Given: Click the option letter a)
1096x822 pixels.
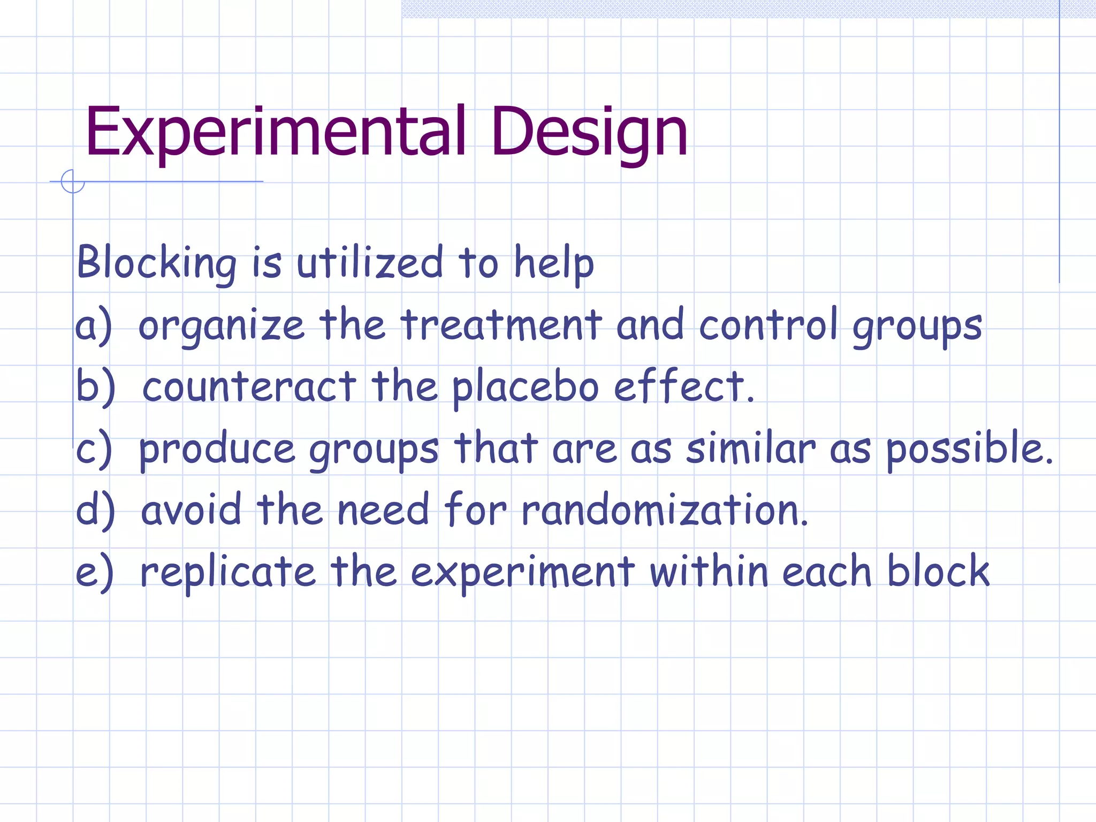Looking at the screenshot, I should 94,325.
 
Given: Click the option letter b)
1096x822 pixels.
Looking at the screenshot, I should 95,386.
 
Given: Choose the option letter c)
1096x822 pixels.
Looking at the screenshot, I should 94,448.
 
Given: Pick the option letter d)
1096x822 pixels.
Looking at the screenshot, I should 95,509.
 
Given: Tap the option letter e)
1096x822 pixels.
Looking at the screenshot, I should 94,572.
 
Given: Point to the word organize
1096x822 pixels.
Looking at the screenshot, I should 221,325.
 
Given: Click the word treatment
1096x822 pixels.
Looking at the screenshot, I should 501,324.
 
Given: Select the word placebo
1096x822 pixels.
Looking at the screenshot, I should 525,386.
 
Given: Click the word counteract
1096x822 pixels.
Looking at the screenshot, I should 249,386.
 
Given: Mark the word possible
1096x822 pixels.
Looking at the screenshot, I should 969,448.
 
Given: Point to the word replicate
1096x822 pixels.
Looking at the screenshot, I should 228,572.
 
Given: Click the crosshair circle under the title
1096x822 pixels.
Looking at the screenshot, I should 73,181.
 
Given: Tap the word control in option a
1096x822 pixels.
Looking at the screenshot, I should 768,324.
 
